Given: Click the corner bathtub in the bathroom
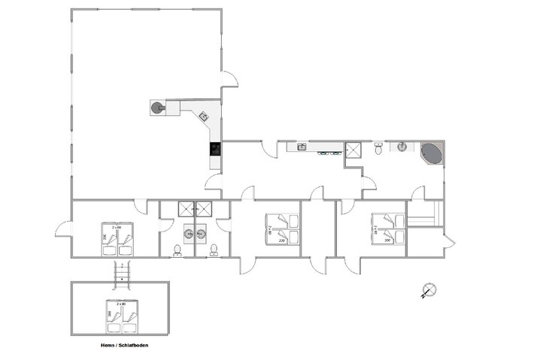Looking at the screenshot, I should [x=432, y=153].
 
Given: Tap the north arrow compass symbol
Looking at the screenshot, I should [x=428, y=290].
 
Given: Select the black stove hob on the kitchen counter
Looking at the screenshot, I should [x=215, y=149].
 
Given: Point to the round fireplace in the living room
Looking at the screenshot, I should [x=156, y=108].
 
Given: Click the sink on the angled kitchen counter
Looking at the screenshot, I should [x=203, y=116].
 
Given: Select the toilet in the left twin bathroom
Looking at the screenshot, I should [x=178, y=249].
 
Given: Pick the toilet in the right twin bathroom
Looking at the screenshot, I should [x=214, y=249].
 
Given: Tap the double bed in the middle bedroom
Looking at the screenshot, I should [x=283, y=228].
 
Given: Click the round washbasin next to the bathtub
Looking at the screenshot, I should [x=402, y=146].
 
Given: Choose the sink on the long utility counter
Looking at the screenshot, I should [x=301, y=147].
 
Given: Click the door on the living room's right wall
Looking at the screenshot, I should [x=230, y=78].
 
